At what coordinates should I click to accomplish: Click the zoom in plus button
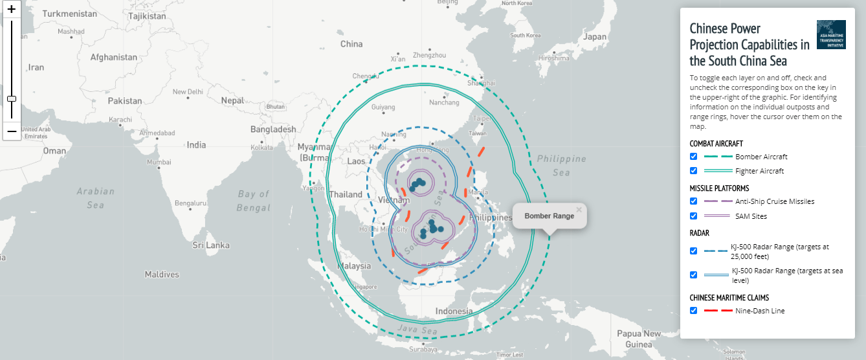point(11,10)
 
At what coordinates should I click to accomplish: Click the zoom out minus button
point(11,131)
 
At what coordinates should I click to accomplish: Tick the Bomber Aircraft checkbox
point(694,157)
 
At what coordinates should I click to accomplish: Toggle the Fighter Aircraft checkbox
point(694,171)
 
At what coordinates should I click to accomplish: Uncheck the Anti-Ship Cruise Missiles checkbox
point(694,201)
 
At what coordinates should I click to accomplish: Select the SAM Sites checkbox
point(694,216)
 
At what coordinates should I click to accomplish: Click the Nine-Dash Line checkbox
point(694,311)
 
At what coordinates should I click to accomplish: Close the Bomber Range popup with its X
point(579,209)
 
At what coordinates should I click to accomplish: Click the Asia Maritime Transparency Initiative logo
point(831,34)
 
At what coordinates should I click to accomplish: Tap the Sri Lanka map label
point(211,245)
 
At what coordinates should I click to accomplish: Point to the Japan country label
point(594,37)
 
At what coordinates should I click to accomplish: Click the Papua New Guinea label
point(639,339)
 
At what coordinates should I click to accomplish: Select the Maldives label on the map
point(162,275)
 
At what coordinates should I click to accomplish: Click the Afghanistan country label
point(114,57)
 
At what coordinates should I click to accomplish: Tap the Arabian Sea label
point(95,197)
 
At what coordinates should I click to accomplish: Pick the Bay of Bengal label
point(254,201)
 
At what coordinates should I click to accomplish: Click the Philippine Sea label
point(561,165)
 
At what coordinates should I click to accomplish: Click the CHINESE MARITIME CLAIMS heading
point(729,298)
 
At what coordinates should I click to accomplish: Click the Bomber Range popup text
point(549,216)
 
